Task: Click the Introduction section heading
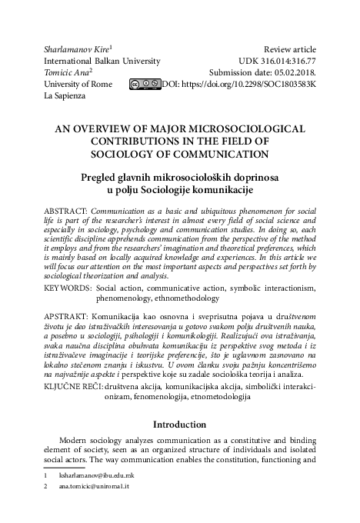coord(179,424)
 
